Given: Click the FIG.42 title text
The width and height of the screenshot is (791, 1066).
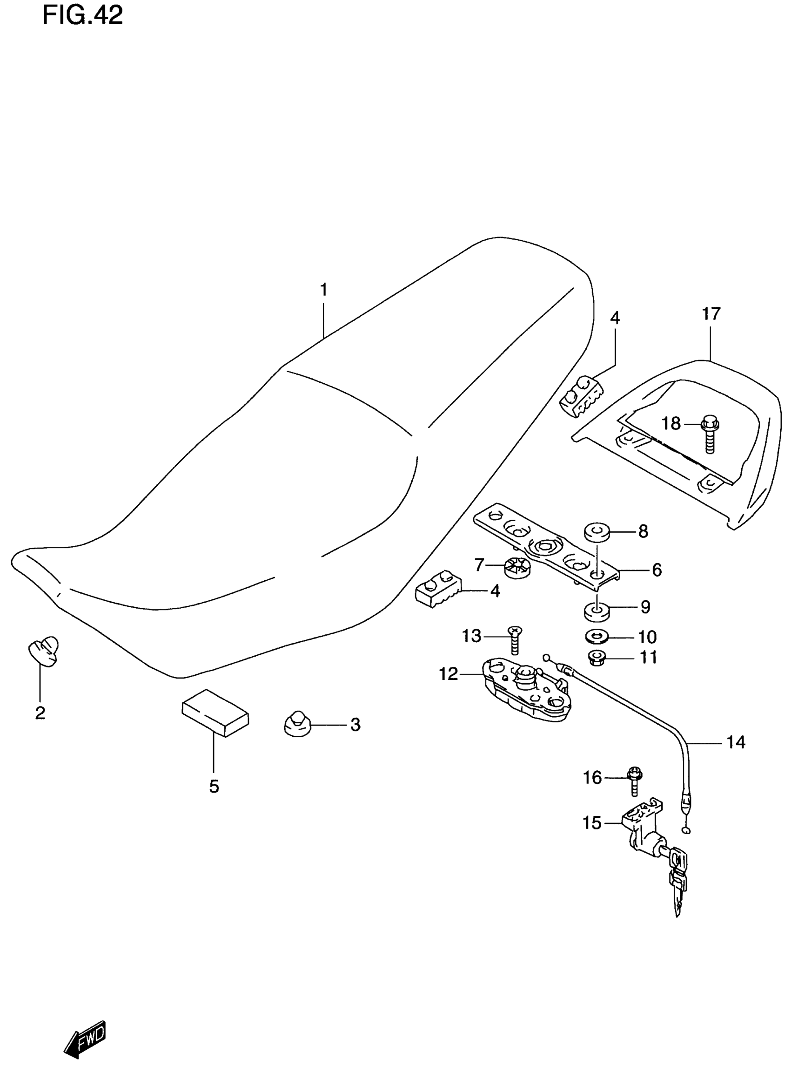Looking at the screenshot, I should click(x=82, y=16).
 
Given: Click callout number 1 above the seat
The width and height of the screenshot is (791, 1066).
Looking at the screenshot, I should click(x=324, y=290).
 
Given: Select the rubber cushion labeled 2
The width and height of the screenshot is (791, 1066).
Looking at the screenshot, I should click(x=44, y=650).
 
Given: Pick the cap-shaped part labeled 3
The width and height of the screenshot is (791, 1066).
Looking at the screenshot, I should click(x=297, y=724).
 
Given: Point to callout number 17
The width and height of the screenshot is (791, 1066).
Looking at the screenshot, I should click(x=711, y=314).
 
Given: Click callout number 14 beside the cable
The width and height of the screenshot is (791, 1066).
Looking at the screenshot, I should click(x=736, y=743).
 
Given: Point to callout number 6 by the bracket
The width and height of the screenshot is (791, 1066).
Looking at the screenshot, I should click(x=657, y=570).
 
